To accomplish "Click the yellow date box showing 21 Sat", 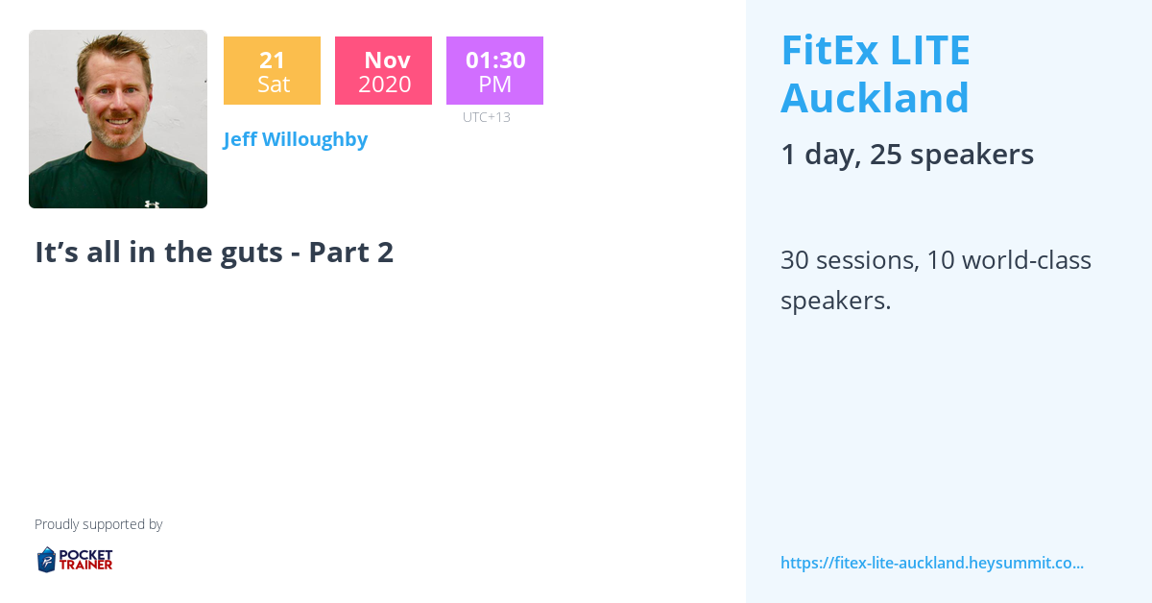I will point(272,71).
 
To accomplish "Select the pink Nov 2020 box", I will point(383,71).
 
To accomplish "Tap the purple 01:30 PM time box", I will point(494,71).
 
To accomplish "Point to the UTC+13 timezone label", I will point(486,117).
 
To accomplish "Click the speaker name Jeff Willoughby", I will point(296,139).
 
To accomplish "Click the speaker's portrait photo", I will point(118,119).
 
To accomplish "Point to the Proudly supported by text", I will point(98,524).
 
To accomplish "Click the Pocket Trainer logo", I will point(75,559).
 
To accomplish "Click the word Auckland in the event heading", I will point(875,98).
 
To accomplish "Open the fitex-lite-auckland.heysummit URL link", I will point(931,563).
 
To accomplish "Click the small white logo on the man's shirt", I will point(152,204).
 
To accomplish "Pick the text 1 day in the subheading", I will point(817,155).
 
